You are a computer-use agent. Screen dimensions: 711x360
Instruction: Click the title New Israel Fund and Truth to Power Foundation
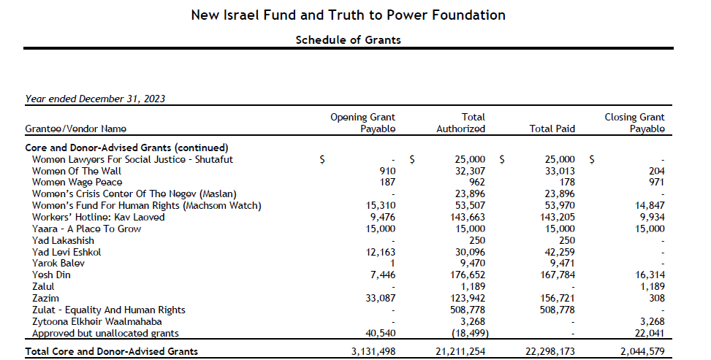349,15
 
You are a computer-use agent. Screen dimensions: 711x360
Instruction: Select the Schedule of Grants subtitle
349,40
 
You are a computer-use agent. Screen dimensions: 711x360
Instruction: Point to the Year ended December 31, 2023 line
95,99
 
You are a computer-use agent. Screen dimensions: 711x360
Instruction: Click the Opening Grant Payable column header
362,123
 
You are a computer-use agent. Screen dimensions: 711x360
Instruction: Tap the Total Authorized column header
460,123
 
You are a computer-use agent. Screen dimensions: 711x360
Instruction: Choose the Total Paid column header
552,129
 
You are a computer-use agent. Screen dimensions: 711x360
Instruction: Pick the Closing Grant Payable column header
634,123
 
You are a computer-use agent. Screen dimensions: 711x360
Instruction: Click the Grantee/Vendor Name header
76,129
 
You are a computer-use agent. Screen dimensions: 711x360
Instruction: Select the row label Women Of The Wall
77,171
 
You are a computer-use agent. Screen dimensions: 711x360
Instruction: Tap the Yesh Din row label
51,275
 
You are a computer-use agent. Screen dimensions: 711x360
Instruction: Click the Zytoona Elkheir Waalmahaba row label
97,321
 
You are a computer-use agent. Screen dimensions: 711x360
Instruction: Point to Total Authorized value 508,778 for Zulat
468,310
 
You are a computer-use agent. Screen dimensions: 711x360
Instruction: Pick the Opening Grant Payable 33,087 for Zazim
381,298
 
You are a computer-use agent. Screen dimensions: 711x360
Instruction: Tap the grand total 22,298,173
550,351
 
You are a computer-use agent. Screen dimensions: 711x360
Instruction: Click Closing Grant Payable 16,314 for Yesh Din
650,275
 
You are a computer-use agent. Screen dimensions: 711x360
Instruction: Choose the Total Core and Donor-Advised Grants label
112,351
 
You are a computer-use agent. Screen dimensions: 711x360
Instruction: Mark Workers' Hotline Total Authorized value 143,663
468,217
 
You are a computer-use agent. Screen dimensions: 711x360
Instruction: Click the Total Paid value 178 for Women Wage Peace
567,183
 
